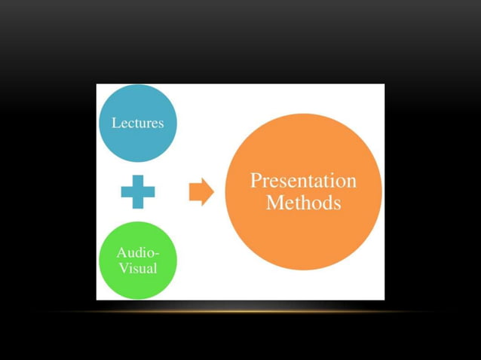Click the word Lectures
click(x=137, y=123)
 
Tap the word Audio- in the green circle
click(x=137, y=253)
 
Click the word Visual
click(x=137, y=267)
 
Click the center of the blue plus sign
click(x=138, y=192)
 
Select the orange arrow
click(x=200, y=192)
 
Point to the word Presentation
click(x=303, y=181)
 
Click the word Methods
click(x=303, y=203)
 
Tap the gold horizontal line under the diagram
click(x=240, y=310)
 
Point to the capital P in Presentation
click(x=256, y=181)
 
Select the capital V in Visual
click(x=123, y=267)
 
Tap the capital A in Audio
click(x=121, y=253)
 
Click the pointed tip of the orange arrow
click(x=213, y=192)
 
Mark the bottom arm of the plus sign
click(x=138, y=203)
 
